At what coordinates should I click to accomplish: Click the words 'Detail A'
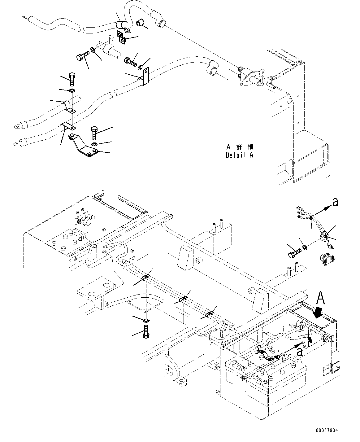pyautogui.click(x=239, y=155)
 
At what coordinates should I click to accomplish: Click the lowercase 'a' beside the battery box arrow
pyautogui.click(x=300, y=352)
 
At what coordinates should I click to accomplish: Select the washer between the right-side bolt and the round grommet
pyautogui.click(x=304, y=247)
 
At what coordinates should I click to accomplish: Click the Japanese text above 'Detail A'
pyautogui.click(x=239, y=147)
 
